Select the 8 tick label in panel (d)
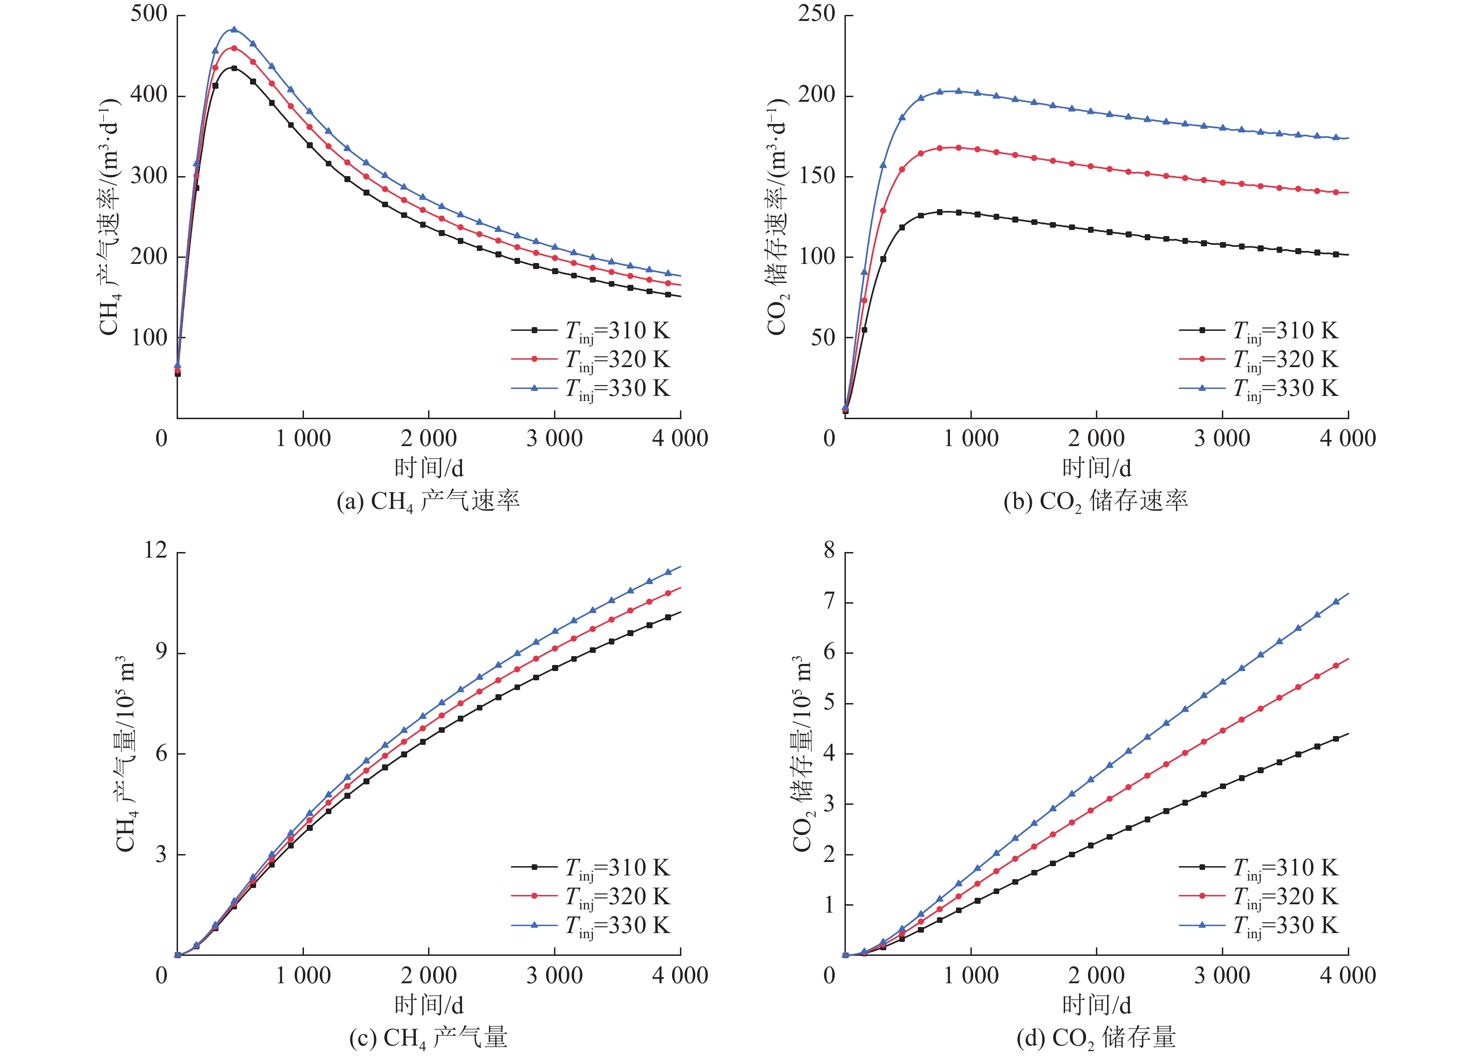tap(829, 551)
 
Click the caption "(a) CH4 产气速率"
tap(428, 501)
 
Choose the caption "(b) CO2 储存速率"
tap(1095, 501)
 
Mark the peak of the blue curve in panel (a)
tap(234, 29)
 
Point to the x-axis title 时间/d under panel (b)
tap(1096, 467)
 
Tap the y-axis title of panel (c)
tap(126, 753)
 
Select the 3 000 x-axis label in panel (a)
tap(554, 439)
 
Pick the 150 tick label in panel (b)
tap(817, 176)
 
